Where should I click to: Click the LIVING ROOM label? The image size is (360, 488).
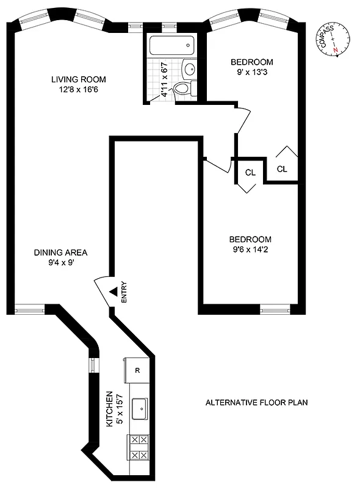[78, 79]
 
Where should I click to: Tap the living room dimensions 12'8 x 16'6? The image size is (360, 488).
[78, 90]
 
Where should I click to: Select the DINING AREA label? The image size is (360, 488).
[60, 253]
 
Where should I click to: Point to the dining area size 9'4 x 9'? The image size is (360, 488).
[60, 263]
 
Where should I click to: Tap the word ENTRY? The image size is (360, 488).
[124, 292]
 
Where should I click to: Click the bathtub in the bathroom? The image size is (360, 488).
[172, 45]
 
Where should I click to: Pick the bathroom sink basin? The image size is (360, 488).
[190, 68]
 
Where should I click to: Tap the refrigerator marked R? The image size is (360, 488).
[138, 370]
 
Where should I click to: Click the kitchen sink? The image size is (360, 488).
[140, 405]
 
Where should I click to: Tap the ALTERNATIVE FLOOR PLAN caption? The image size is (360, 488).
[256, 403]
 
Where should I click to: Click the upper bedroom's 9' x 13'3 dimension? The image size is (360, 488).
[251, 73]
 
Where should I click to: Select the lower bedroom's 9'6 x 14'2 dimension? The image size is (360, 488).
[250, 249]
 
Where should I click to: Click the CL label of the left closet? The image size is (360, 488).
[250, 173]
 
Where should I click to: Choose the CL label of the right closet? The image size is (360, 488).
[282, 169]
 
